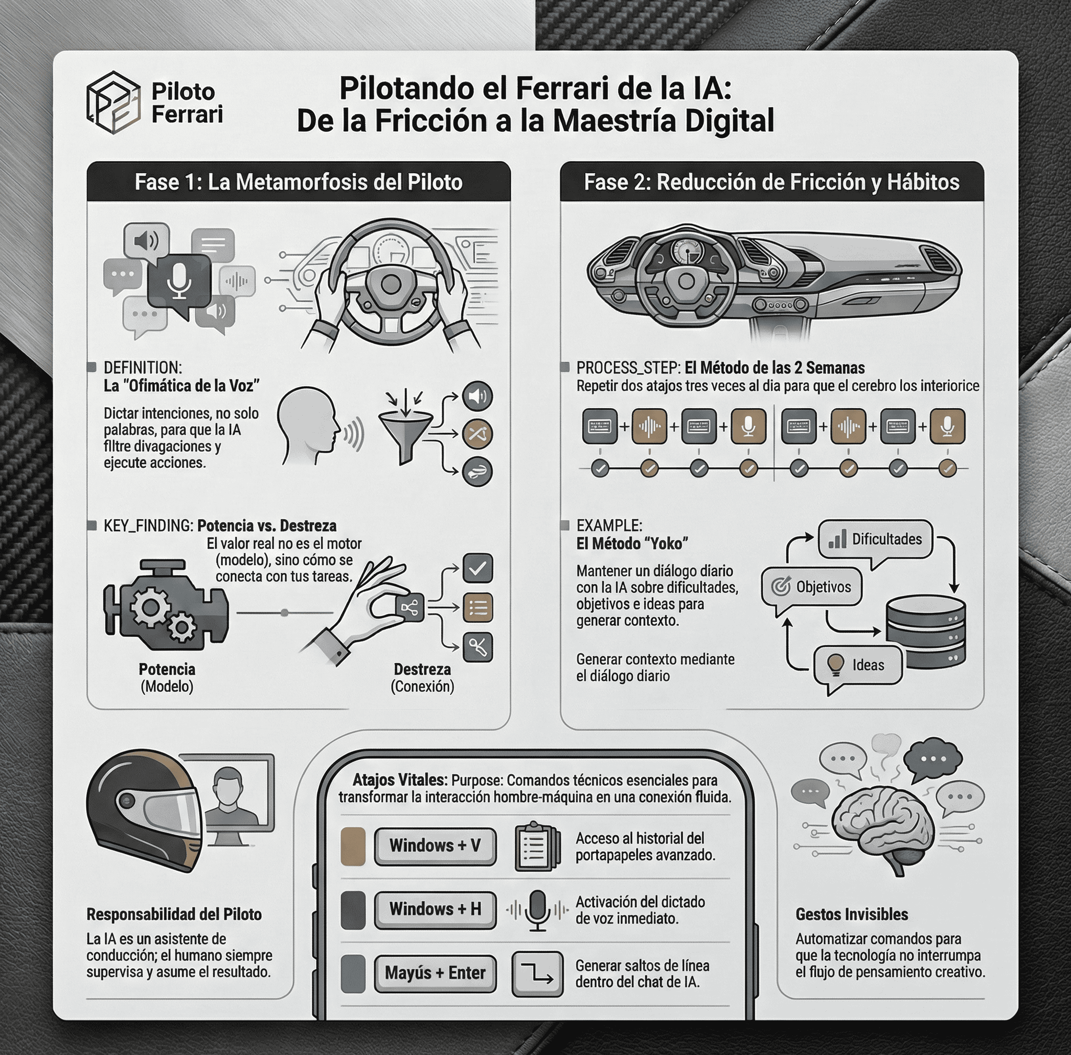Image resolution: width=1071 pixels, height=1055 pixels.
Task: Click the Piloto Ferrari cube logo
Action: point(113,103)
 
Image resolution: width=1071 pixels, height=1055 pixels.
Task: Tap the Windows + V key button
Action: point(435,846)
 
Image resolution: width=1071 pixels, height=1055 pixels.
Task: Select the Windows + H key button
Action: point(435,910)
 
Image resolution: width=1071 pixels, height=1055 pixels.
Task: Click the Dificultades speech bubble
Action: point(875,540)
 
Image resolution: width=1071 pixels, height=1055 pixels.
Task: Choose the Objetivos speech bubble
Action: point(812,587)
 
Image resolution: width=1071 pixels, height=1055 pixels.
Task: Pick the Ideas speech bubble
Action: point(857,665)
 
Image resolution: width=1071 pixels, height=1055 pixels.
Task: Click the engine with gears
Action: point(165,607)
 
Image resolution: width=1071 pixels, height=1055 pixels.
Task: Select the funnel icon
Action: point(406,434)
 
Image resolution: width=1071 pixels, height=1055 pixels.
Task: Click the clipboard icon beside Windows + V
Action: point(534,846)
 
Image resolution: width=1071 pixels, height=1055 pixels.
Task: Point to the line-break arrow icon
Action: point(537,973)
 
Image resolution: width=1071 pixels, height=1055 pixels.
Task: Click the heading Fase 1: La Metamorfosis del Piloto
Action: point(299,182)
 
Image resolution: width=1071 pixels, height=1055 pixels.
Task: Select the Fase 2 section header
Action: point(771,182)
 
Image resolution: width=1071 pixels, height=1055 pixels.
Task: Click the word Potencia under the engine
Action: point(167,669)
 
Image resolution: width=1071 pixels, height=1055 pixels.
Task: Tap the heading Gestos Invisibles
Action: point(851,914)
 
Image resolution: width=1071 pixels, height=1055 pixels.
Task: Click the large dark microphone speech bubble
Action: point(178,283)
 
